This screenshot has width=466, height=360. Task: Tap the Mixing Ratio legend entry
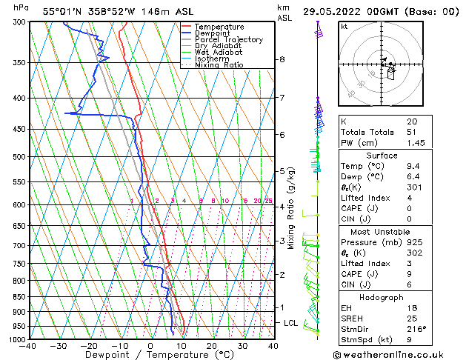(219, 65)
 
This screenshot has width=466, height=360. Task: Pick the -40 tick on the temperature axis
(28, 346)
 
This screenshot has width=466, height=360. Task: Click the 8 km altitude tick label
(282, 59)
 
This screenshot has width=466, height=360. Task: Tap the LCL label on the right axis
(290, 324)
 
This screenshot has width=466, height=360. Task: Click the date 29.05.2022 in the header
(336, 12)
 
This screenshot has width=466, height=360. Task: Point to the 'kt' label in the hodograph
(344, 27)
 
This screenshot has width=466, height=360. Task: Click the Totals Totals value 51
(412, 131)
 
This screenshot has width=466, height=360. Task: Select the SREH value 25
(412, 318)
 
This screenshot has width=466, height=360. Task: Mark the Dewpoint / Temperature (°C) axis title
(150, 355)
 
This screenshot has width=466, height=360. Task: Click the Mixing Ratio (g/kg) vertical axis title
(291, 207)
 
